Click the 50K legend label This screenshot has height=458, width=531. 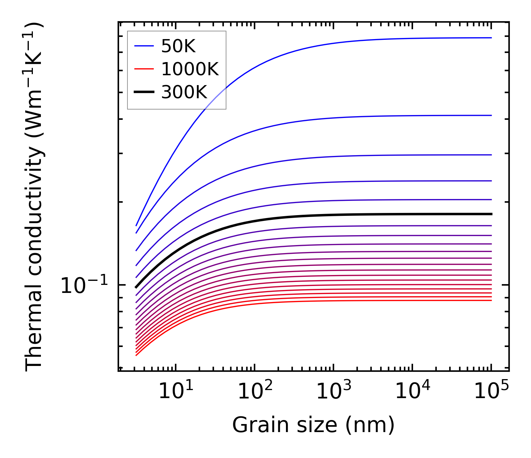coord(178,46)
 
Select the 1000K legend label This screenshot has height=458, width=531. coord(190,69)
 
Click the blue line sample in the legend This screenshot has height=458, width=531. coord(144,46)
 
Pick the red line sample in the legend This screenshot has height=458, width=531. coord(144,69)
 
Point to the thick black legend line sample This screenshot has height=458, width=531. coord(144,92)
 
